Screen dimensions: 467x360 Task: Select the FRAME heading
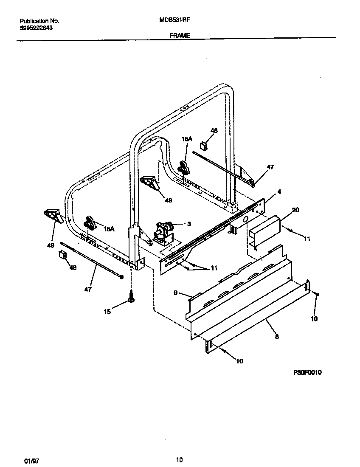click(180, 36)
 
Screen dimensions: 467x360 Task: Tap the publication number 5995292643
click(37, 28)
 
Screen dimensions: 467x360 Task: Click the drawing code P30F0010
click(307, 372)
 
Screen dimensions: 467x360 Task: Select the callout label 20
click(295, 210)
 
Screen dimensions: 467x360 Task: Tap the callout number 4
click(278, 191)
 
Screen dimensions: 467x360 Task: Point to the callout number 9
click(175, 293)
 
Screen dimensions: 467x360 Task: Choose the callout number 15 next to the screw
click(107, 312)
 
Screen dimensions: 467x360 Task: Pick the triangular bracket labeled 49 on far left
click(53, 215)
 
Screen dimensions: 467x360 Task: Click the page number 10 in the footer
click(179, 460)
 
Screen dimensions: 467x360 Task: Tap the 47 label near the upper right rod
click(270, 167)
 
